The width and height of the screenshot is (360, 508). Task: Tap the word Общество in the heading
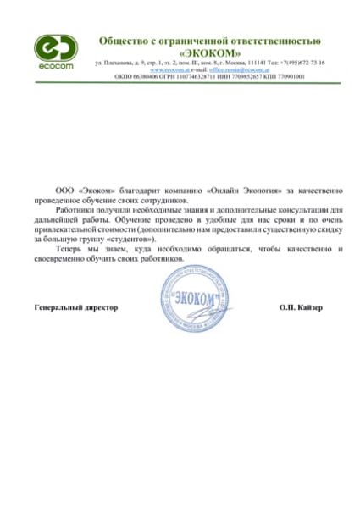125,40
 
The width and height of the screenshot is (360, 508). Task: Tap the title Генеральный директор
75,306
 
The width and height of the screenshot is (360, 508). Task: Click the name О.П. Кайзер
301,306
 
